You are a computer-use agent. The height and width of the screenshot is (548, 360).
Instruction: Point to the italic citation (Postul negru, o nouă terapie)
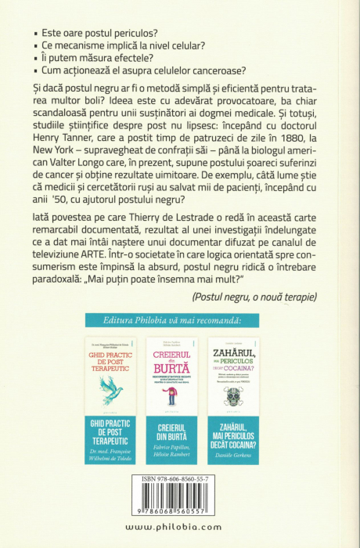coord(253,296)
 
